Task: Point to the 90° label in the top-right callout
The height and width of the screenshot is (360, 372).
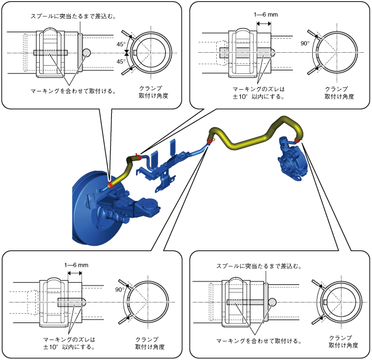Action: pos(305,43)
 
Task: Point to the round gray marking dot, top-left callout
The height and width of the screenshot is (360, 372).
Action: pos(87,52)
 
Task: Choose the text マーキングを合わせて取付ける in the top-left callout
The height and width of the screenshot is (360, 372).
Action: pos(73,91)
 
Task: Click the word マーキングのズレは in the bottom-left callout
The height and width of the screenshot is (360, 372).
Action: pos(69,339)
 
